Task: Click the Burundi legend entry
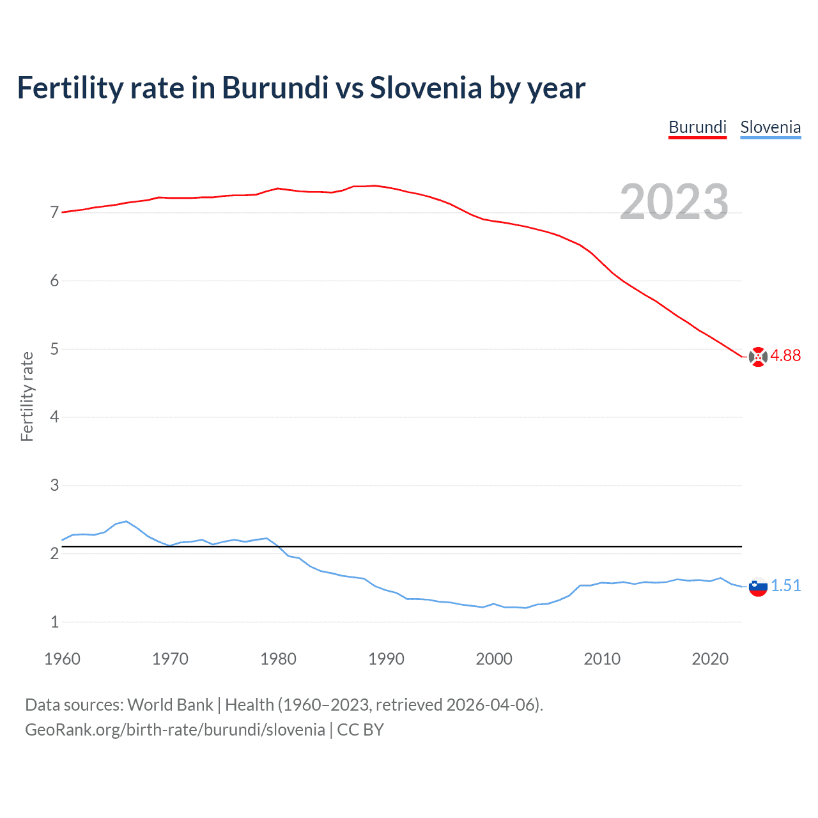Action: [x=697, y=127]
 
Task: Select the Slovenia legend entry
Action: [x=770, y=127]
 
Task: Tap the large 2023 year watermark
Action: [x=674, y=202]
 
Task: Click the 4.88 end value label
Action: [x=785, y=356]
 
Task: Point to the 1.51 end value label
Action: [x=785, y=586]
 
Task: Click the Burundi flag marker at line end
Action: [x=758, y=357]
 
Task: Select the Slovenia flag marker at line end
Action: [x=758, y=586]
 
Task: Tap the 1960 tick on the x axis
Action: [x=62, y=659]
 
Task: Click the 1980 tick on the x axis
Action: [x=278, y=659]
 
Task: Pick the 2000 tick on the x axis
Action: [x=494, y=659]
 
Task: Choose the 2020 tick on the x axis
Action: [x=710, y=659]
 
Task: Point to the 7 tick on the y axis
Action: [x=54, y=212]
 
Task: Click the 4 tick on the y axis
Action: [x=54, y=417]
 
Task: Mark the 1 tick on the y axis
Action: [x=54, y=622]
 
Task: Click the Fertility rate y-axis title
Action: [x=27, y=396]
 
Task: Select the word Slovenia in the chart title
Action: [x=426, y=88]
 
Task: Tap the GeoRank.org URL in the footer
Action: [x=174, y=730]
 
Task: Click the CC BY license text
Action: [x=360, y=730]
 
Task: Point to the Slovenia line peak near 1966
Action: [x=126, y=521]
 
